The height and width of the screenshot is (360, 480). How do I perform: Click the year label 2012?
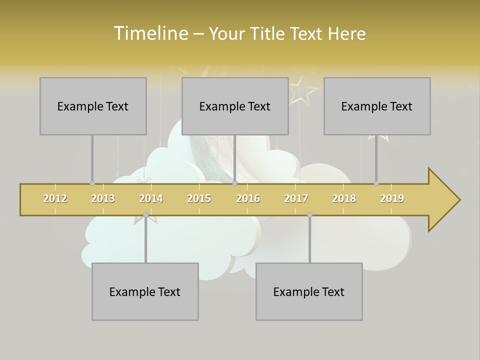[55, 198]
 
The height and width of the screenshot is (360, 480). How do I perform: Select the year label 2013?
[103, 198]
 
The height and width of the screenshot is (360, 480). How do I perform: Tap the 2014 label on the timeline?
[151, 198]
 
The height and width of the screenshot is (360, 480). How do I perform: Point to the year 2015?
[199, 198]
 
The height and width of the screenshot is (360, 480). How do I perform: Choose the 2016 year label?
[248, 198]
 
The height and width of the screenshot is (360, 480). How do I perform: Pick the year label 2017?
[296, 198]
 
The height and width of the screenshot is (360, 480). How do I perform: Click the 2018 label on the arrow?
[344, 198]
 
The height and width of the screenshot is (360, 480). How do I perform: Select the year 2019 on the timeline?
[392, 198]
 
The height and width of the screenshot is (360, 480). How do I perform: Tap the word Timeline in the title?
[150, 33]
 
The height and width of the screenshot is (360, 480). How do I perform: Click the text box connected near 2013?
[93, 106]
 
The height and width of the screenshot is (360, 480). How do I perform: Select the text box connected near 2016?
[235, 106]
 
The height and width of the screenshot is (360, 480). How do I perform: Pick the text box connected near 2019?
[377, 106]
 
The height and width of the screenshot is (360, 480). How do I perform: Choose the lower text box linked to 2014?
[145, 291]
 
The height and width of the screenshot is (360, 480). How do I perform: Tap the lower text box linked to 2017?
[309, 291]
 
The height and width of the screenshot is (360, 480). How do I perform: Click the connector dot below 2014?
[145, 215]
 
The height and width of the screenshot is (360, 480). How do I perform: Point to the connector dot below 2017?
[309, 215]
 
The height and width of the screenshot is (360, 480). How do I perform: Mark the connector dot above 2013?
[92, 183]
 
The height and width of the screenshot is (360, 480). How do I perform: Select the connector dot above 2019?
[376, 183]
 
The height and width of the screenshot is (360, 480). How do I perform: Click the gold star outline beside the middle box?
[302, 90]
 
